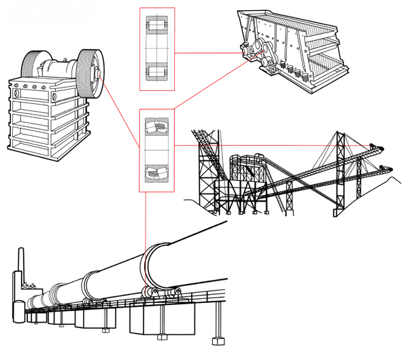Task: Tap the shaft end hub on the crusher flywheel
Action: pyautogui.click(x=99, y=74)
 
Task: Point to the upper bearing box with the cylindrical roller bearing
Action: pyautogui.click(x=157, y=49)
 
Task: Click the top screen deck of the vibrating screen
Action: pyautogui.click(x=299, y=31)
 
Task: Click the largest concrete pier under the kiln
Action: pyautogui.click(x=167, y=319)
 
